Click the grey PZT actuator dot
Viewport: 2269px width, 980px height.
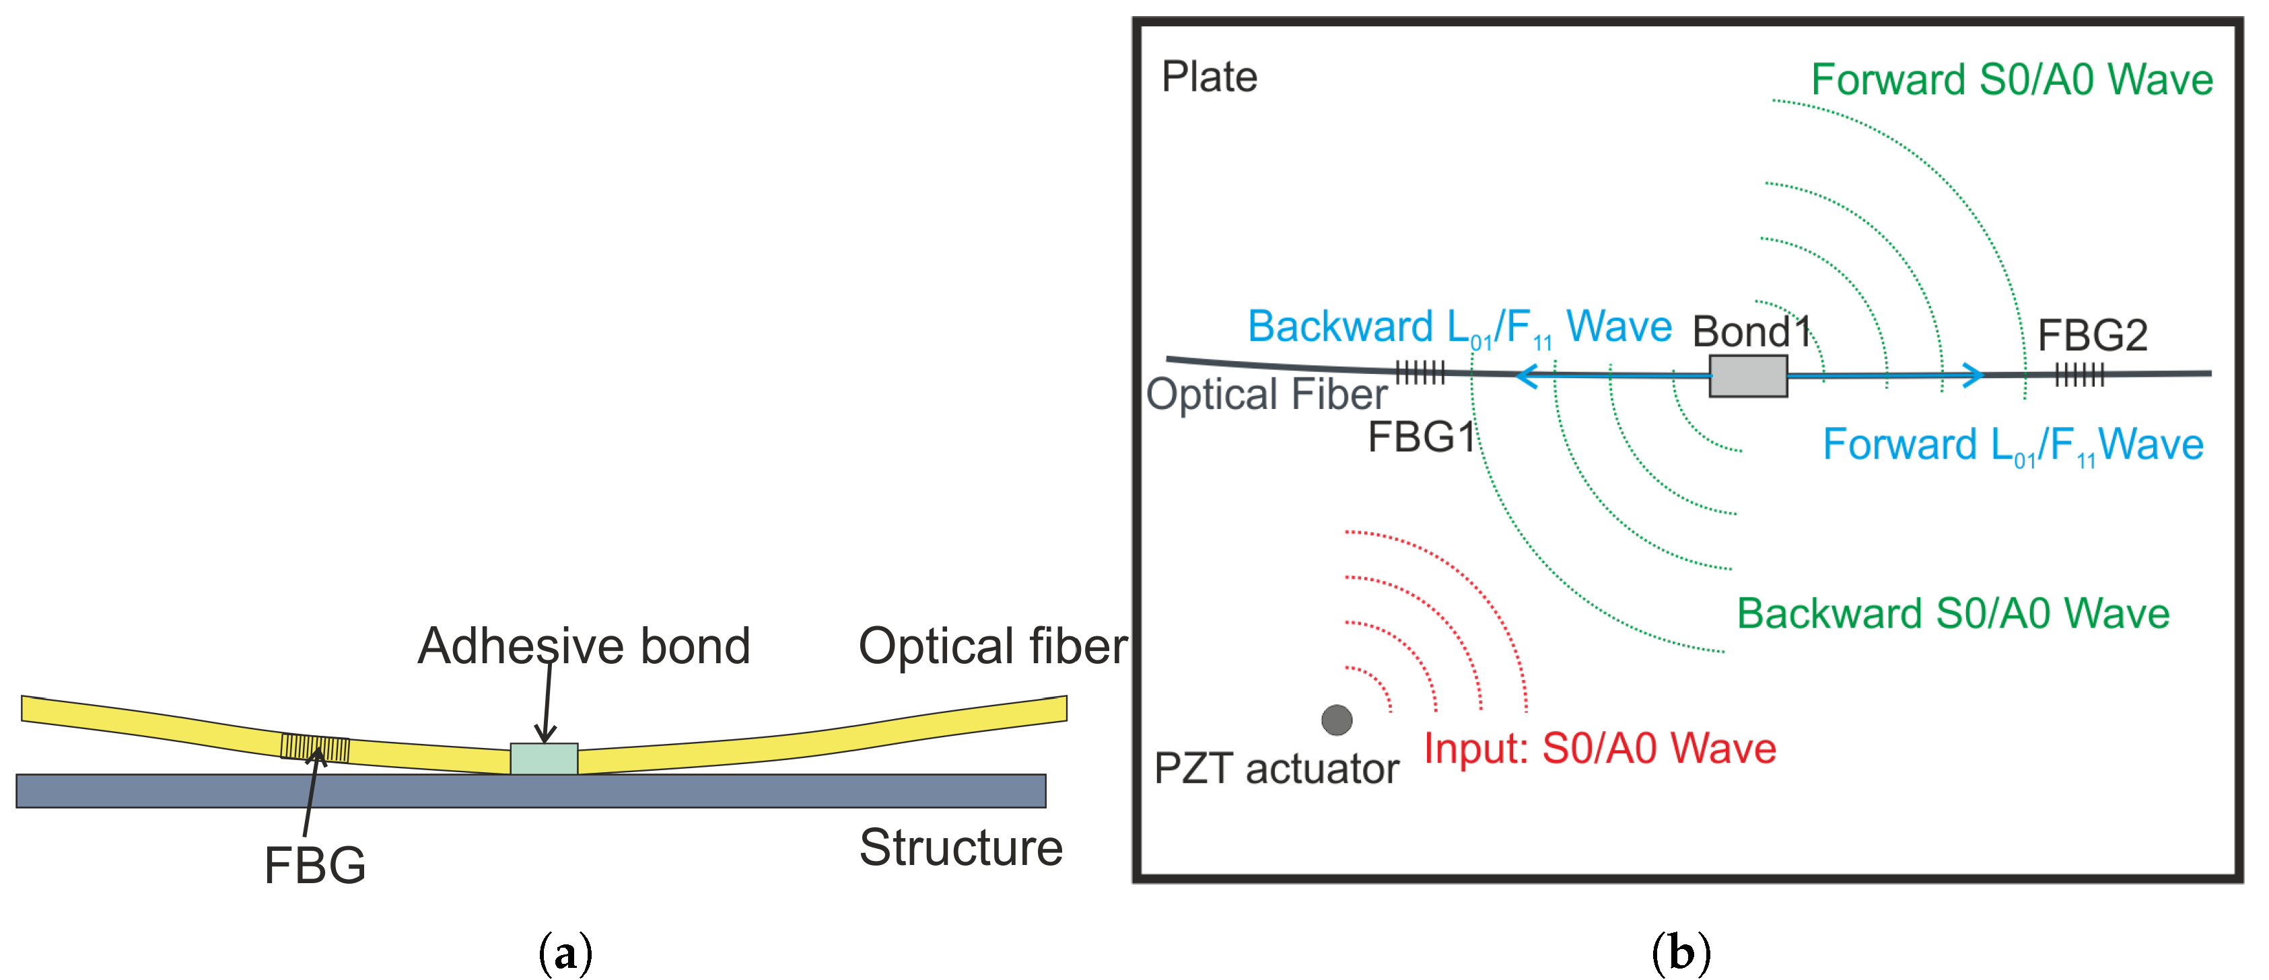(x=1336, y=720)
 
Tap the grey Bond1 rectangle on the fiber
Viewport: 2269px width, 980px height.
(x=1747, y=376)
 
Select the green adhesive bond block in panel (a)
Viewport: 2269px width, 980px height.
(x=543, y=758)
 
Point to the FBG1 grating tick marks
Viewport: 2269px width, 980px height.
(x=1420, y=373)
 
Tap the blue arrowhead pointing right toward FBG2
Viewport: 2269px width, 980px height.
(x=1973, y=375)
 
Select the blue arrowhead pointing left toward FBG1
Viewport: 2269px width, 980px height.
(x=1527, y=377)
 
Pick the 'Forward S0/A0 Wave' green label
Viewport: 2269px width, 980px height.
(x=2011, y=80)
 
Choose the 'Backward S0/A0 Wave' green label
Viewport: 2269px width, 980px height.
(x=1952, y=613)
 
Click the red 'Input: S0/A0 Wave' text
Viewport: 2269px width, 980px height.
(x=1599, y=749)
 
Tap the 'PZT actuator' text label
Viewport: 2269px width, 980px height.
(x=1276, y=769)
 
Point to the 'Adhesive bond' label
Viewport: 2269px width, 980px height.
(x=583, y=646)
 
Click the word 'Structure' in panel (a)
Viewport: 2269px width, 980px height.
(x=960, y=848)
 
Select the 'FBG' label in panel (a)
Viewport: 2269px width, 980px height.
(x=314, y=865)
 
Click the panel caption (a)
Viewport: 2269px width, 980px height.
(x=565, y=954)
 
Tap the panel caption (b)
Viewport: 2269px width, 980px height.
(x=1681, y=954)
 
